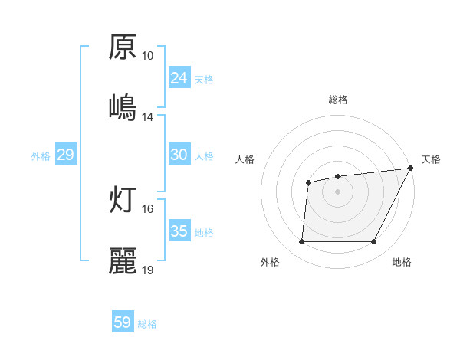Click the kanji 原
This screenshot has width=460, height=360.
coord(123,48)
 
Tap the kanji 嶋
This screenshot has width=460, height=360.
coord(123,106)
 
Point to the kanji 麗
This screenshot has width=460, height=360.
coord(123,260)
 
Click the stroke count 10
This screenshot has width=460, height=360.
coord(147,56)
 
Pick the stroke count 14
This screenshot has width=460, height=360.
coord(147,116)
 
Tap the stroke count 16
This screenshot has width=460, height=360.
coord(147,208)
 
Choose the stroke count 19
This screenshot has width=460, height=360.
coord(147,270)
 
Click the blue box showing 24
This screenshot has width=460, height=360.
coord(179,78)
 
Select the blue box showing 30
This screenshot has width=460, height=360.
coord(179,155)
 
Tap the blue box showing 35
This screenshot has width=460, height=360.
coord(179,231)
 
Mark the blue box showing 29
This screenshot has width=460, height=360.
coord(65,155)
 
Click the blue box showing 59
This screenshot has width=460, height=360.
coord(123,322)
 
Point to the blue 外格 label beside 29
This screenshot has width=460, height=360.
coord(41,155)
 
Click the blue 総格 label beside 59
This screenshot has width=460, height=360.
coord(147,324)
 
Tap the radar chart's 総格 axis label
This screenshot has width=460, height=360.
coord(338,100)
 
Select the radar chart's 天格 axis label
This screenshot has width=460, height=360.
coord(431,159)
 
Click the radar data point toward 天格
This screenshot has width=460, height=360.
coord(411,169)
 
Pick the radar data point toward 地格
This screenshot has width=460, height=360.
coord(374,242)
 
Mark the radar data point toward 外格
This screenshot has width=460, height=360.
coord(301,242)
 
